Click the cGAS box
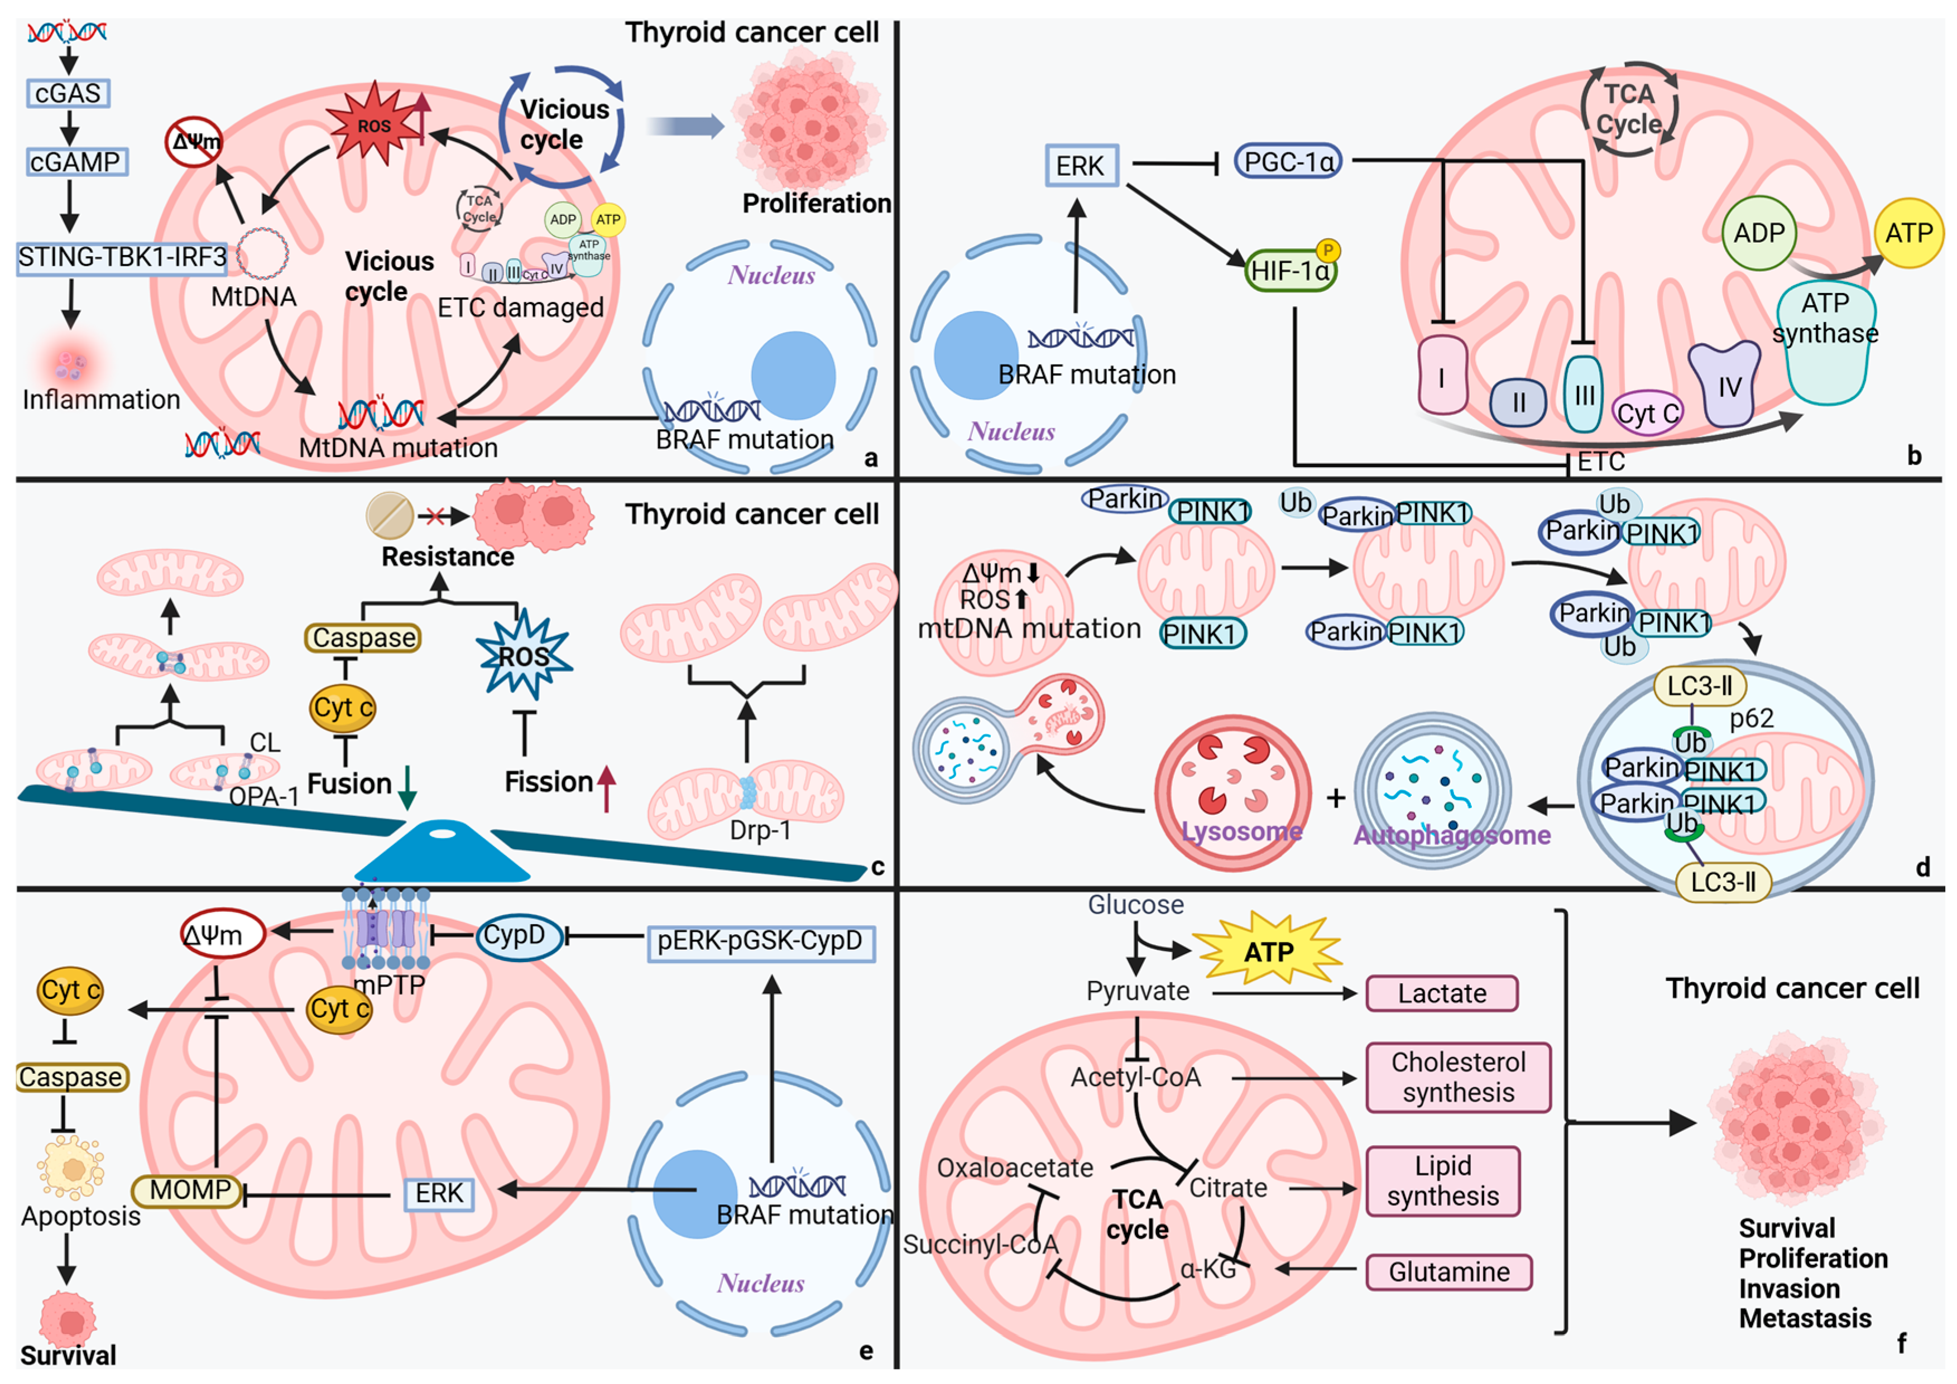pyautogui.click(x=68, y=93)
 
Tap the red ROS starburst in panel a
pyautogui.click(x=373, y=126)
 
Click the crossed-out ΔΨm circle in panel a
pyautogui.click(x=194, y=141)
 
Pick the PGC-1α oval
pyautogui.click(x=1288, y=161)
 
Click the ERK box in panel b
pyautogui.click(x=1080, y=165)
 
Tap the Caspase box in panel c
pyautogui.click(x=363, y=637)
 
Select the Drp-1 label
pyautogui.click(x=760, y=829)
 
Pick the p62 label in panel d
pyautogui.click(x=1752, y=718)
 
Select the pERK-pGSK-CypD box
pyautogui.click(x=760, y=941)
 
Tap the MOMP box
pyautogui.click(x=189, y=1190)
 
